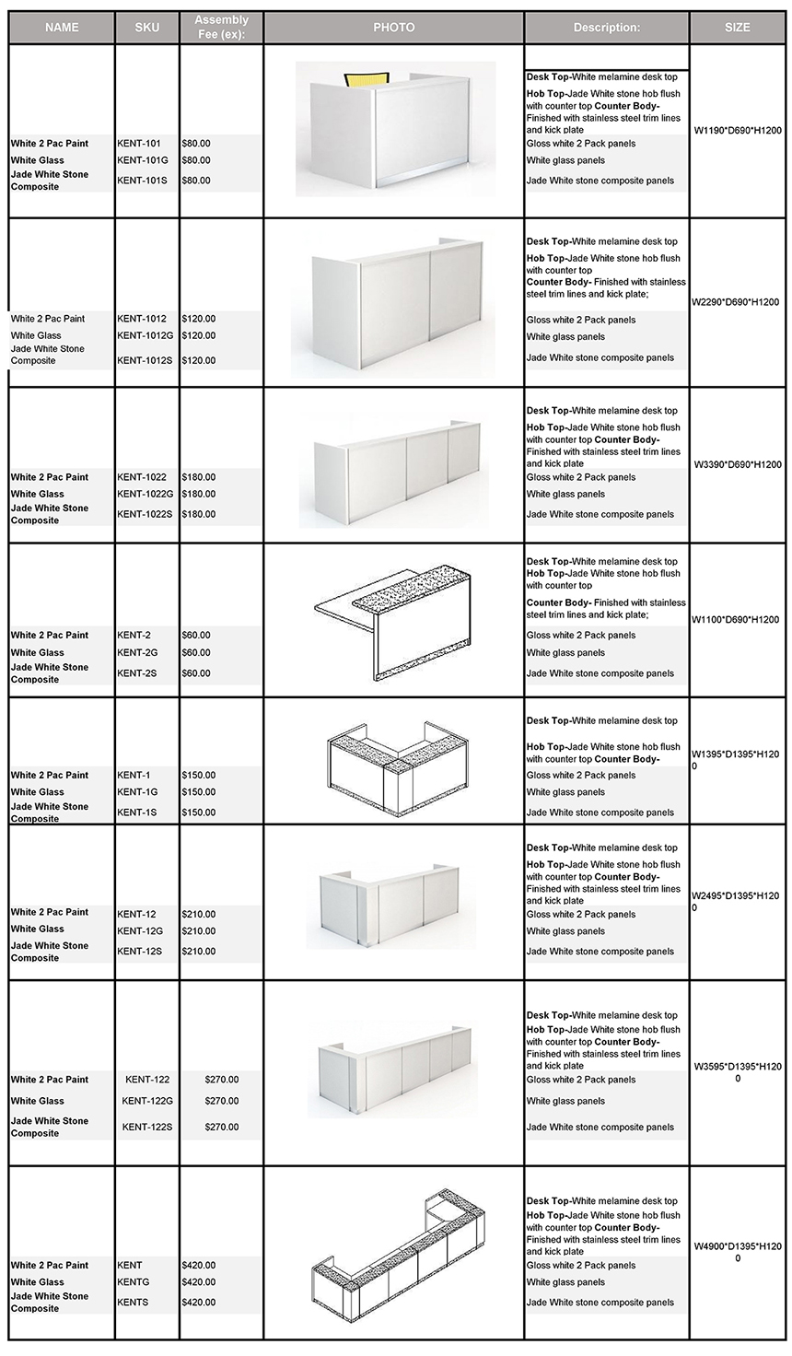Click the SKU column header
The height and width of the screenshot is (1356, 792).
tap(146, 28)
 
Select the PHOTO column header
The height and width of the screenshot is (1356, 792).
tap(393, 28)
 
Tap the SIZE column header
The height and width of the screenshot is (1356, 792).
tap(737, 28)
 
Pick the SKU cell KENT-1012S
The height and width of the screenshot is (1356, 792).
tap(145, 360)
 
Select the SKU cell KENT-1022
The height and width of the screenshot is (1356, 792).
tap(142, 477)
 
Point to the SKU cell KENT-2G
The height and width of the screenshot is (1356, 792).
tap(137, 652)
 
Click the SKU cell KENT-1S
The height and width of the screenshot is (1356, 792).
tap(136, 812)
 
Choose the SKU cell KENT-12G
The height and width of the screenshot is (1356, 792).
tap(140, 931)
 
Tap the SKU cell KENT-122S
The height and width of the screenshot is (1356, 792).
tap(147, 1127)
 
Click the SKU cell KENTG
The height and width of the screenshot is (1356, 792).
tap(133, 1282)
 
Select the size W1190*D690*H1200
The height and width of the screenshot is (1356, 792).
tap(737, 131)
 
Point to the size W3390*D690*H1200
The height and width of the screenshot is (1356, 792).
tap(737, 465)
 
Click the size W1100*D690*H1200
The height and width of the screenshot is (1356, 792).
tap(737, 620)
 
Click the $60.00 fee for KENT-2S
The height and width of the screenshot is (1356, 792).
tap(196, 673)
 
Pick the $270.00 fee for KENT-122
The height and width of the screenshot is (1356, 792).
tap(222, 1080)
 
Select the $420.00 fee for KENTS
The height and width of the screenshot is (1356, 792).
tap(199, 1303)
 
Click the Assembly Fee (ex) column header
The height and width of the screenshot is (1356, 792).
tap(221, 27)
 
